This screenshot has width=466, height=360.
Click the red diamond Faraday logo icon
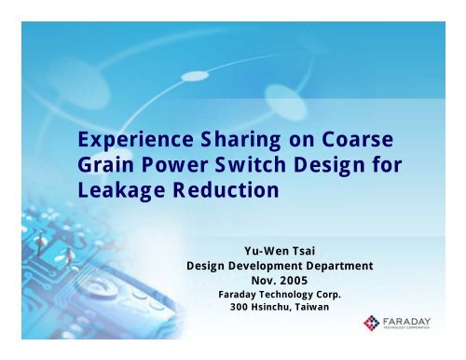[x=371, y=325]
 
